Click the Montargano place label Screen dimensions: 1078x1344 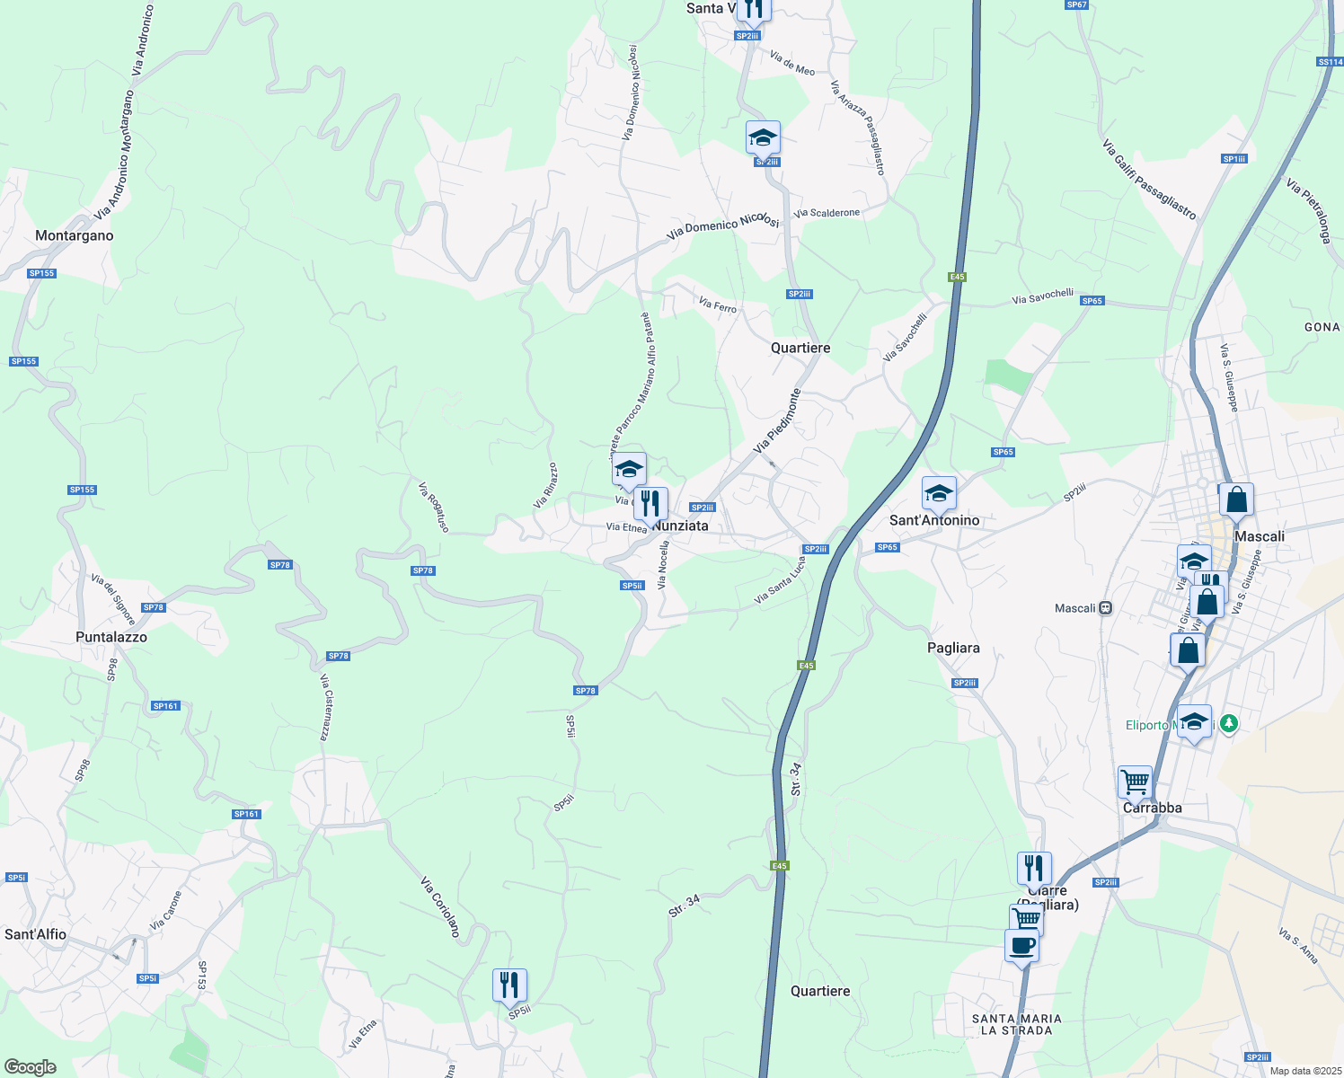click(75, 235)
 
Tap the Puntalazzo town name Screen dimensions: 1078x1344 click(111, 637)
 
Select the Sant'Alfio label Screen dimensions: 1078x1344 click(36, 934)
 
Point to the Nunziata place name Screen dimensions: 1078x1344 click(682, 526)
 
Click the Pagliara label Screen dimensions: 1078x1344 click(953, 648)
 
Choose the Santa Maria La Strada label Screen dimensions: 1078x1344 click(1017, 1024)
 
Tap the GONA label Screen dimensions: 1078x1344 click(1322, 327)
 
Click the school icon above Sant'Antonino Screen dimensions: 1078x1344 click(939, 493)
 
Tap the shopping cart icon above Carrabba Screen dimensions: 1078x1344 click(1135, 782)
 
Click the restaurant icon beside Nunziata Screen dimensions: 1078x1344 click(650, 504)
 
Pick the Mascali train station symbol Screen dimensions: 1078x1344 click(1106, 608)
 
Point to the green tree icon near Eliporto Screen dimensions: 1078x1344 click(1230, 723)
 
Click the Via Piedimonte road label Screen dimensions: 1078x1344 click(777, 421)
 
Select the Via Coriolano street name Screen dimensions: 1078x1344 click(441, 906)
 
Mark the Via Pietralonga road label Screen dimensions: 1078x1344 click(1308, 211)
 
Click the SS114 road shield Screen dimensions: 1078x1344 click(1330, 62)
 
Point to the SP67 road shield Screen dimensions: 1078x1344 click(1076, 4)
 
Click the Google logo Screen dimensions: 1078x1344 click(31, 1067)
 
